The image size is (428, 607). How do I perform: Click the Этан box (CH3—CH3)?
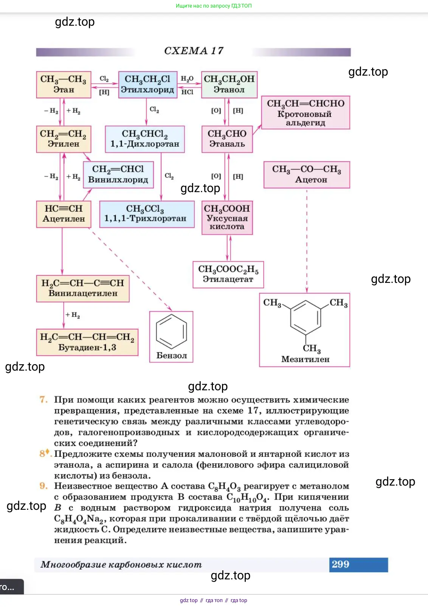64,84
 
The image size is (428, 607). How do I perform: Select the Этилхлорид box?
147,84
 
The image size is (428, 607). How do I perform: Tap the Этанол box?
229,84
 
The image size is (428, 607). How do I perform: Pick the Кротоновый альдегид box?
305,112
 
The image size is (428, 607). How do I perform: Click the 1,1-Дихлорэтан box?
145,139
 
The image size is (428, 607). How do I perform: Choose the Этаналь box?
227,139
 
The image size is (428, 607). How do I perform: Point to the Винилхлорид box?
118,174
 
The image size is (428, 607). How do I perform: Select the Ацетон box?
307,174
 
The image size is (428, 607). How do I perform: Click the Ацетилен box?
64,214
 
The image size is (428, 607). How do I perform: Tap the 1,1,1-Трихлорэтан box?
147,214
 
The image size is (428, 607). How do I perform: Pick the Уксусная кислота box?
227,217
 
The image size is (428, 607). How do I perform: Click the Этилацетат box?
228,274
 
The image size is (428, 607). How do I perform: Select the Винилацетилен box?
83,288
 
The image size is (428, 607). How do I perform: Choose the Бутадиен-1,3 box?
87,342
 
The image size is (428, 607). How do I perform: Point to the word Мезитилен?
305,359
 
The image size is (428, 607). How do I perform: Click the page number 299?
340,564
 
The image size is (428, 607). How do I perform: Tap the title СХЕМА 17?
194,51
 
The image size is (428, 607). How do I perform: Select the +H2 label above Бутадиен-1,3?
73,315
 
